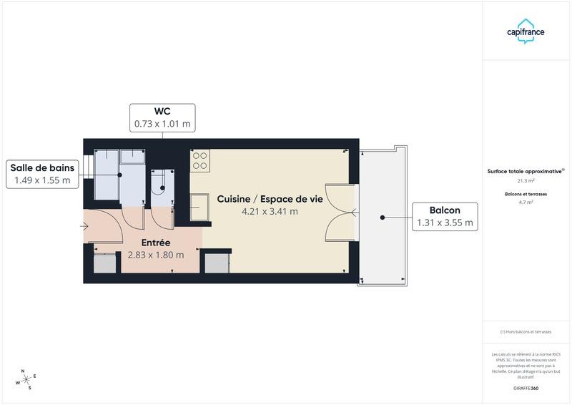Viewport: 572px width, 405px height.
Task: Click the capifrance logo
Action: click(x=526, y=31)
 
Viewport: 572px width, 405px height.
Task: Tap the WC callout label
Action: click(x=162, y=117)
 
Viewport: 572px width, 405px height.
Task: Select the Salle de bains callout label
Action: click(x=41, y=174)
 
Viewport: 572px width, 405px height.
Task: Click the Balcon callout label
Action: click(x=445, y=216)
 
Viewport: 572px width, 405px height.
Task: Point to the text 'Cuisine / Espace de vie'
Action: click(x=270, y=199)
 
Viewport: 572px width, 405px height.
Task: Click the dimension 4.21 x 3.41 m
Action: click(x=270, y=212)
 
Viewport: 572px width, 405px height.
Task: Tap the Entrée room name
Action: click(x=155, y=243)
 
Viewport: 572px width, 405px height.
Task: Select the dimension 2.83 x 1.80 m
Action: click(x=155, y=255)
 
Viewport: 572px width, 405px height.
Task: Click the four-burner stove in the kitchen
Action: click(x=199, y=161)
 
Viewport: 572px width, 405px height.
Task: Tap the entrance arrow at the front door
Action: click(x=84, y=227)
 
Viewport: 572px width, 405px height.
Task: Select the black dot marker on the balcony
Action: click(x=383, y=216)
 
